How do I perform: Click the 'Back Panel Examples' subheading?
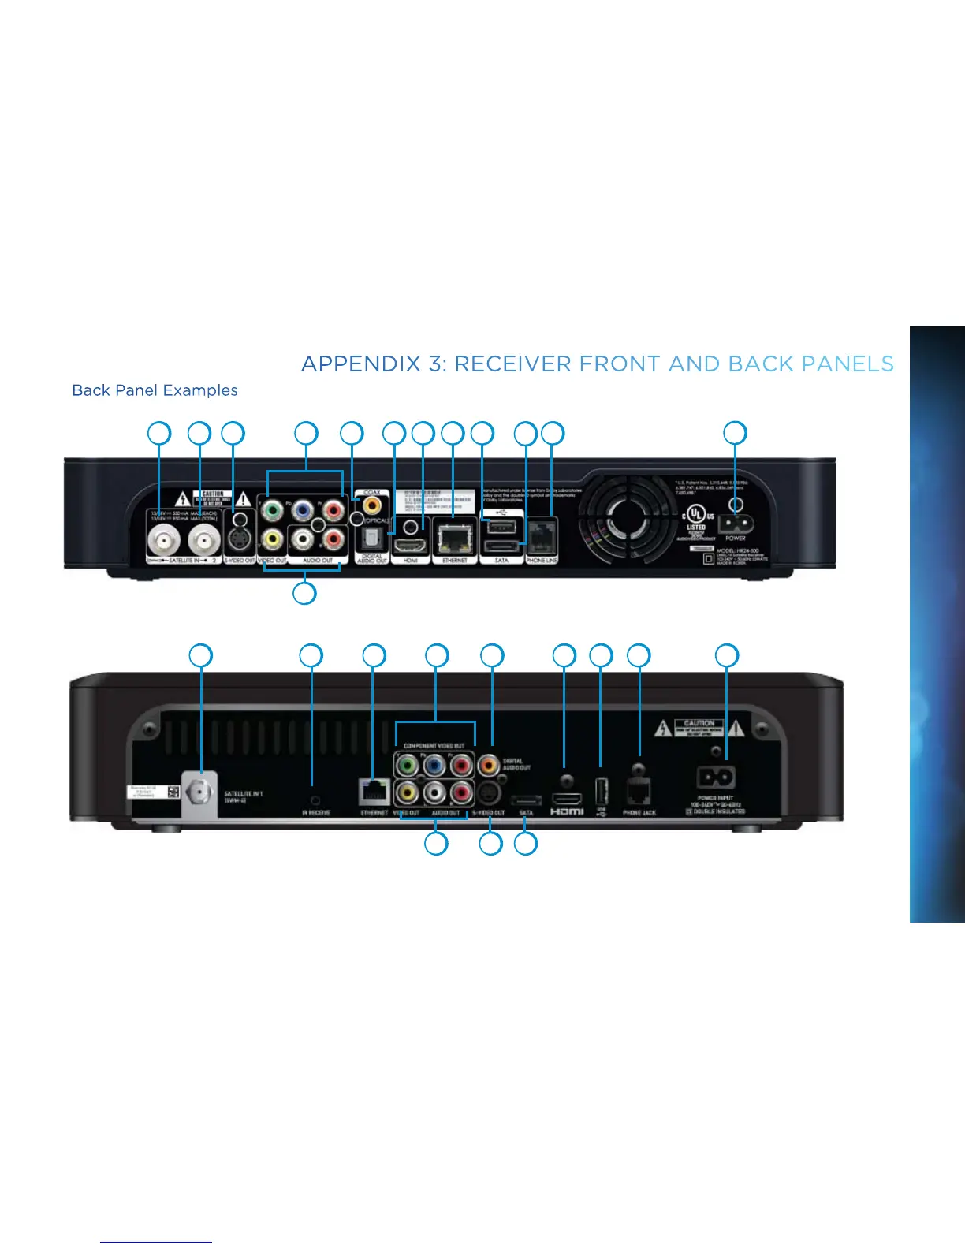pyautogui.click(x=155, y=390)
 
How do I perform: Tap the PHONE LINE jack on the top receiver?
pyautogui.click(x=542, y=538)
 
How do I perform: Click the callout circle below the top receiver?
pyautogui.click(x=304, y=593)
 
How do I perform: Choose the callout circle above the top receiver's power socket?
pyautogui.click(x=735, y=433)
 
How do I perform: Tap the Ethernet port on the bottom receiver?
pyautogui.click(x=374, y=791)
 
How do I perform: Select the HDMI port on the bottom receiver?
pyautogui.click(x=566, y=799)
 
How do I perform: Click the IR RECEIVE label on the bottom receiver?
pyautogui.click(x=316, y=812)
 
